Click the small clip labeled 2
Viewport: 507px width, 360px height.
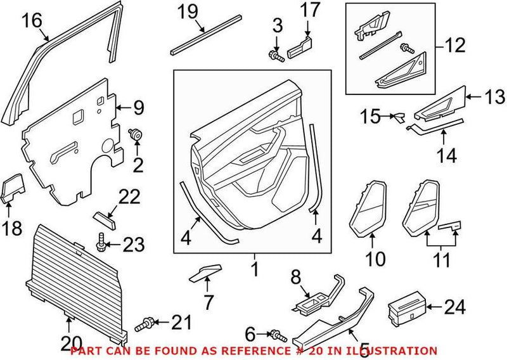136,134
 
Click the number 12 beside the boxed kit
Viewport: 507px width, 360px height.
455,46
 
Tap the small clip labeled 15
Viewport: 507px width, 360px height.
399,117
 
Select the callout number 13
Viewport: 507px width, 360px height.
494,97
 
